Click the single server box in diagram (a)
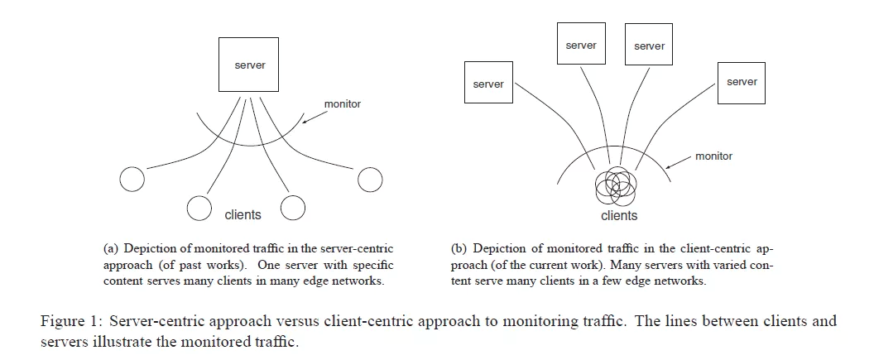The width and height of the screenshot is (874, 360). click(250, 65)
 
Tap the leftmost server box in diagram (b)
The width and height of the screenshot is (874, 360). click(488, 84)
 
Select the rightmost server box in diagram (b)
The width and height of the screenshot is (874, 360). click(742, 81)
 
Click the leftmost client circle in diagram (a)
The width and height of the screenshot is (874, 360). click(132, 178)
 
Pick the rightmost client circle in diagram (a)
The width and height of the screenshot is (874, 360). click(369, 178)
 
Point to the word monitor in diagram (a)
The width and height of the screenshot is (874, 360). click(342, 105)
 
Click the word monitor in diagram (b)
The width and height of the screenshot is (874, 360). click(713, 156)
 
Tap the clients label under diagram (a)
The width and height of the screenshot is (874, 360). click(243, 215)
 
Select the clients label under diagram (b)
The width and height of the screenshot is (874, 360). click(619, 216)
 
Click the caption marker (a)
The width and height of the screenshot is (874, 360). click(111, 248)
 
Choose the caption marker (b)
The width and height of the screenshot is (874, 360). click(459, 248)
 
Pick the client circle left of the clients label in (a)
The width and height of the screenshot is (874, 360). click(199, 208)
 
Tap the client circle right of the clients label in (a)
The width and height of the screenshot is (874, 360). click(294, 208)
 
